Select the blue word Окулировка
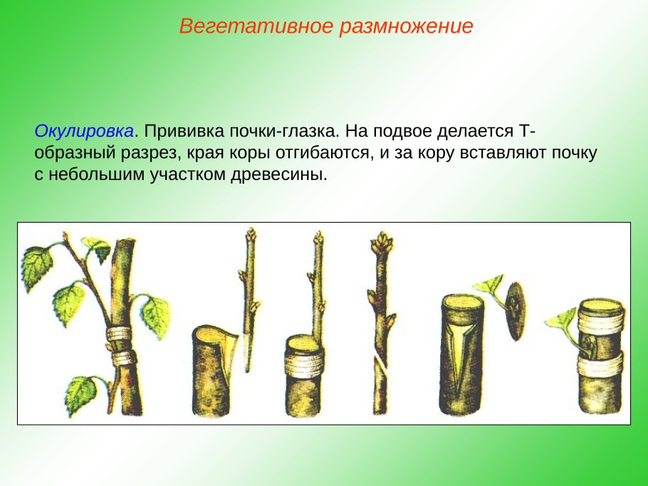84,132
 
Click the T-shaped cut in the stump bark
463,334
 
